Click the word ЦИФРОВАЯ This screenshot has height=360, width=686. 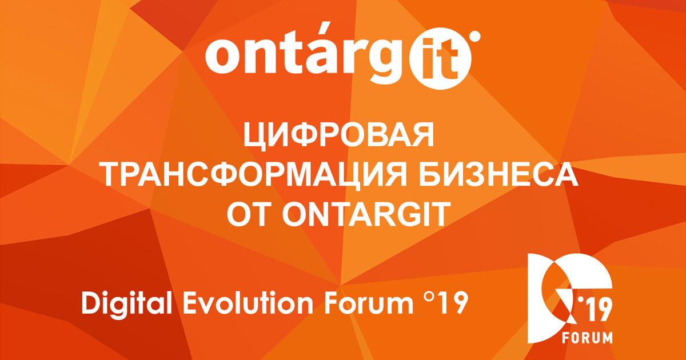(338, 135)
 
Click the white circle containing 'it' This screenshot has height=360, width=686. (440, 58)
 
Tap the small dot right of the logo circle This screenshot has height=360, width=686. (475, 36)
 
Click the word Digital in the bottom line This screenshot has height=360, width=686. (126, 303)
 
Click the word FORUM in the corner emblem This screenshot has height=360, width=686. (588, 337)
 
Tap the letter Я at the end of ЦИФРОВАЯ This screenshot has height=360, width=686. (422, 134)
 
